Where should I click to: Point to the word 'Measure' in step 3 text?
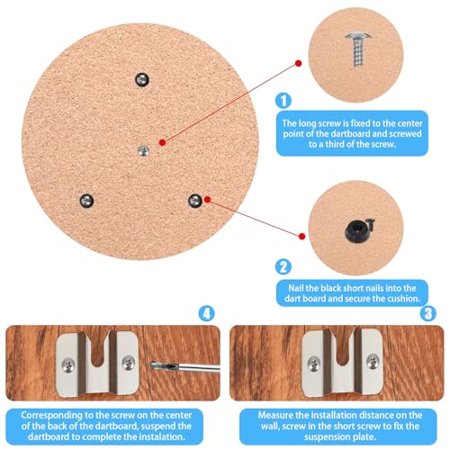click(x=270, y=415)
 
